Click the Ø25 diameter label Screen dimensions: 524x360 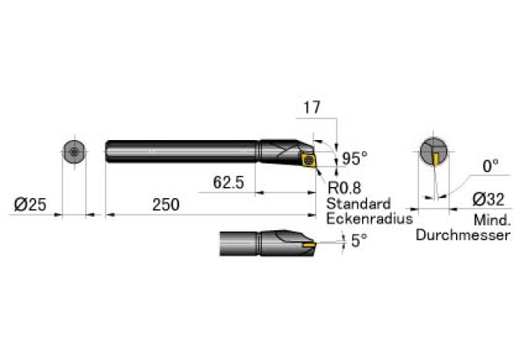30,204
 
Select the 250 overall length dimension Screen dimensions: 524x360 166,204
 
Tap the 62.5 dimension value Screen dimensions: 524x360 228,182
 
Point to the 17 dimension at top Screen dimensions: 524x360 311,108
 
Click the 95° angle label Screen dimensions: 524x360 355,158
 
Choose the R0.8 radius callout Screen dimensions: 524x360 344,188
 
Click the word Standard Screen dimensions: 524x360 358,203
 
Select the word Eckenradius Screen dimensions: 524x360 370,218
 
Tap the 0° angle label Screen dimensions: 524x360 490,166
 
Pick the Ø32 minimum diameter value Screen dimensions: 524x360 489,200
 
